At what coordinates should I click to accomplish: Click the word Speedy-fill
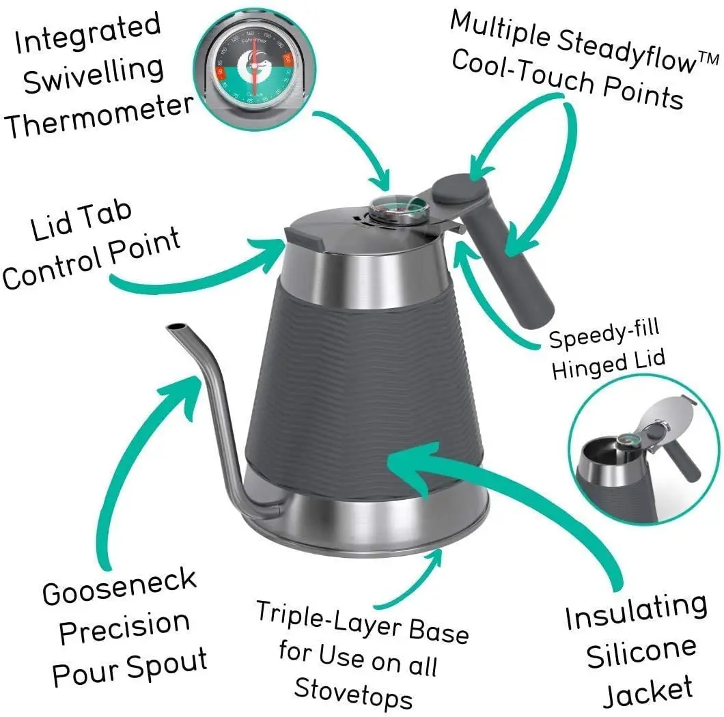(604, 335)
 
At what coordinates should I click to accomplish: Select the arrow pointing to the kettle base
(403, 580)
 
